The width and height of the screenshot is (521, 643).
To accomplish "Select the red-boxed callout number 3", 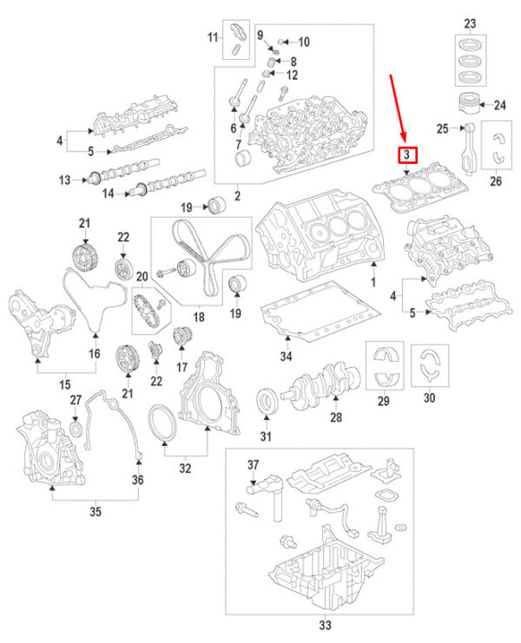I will [x=406, y=156].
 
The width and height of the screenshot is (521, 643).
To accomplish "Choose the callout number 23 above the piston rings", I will [x=470, y=22].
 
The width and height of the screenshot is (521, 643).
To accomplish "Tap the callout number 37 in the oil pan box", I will [x=253, y=464].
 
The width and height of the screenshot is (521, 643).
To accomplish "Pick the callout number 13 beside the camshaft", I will [x=63, y=180].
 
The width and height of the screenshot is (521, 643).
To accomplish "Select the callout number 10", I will [x=303, y=42].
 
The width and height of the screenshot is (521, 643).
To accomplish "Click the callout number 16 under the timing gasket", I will [x=96, y=354].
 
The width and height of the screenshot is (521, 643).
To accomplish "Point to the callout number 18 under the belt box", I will [x=199, y=318].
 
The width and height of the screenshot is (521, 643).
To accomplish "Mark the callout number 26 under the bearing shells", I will [x=496, y=181].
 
